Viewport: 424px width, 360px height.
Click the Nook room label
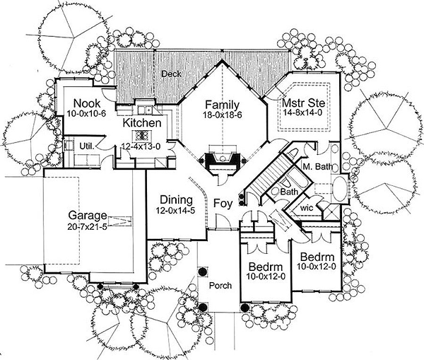pyautogui.click(x=87, y=103)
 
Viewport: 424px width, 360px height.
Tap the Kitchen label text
pyautogui.click(x=142, y=123)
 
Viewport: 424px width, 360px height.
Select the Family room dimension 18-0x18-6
pyautogui.click(x=223, y=115)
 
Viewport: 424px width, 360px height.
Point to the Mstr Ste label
pyautogui.click(x=303, y=103)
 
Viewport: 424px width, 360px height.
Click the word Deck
pyautogui.click(x=171, y=74)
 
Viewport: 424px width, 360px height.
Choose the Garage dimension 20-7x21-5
pyautogui.click(x=87, y=226)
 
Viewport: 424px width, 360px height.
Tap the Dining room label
pyautogui.click(x=176, y=200)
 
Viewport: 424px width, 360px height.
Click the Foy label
pyautogui.click(x=223, y=203)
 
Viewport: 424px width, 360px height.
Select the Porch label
pyautogui.click(x=220, y=285)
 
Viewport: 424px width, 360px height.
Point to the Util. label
pyautogui.click(x=87, y=146)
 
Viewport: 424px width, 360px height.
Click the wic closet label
pyautogui.click(x=307, y=208)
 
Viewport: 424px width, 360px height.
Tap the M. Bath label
pyautogui.click(x=318, y=166)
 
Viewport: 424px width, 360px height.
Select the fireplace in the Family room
pyautogui.click(x=223, y=160)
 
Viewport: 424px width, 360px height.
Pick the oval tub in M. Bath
pyautogui.click(x=339, y=189)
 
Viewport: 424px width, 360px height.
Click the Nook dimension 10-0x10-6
pyautogui.click(x=86, y=113)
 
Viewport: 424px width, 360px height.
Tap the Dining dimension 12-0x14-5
pyautogui.click(x=175, y=211)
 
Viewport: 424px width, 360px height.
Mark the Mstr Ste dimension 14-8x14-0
pyautogui.click(x=303, y=112)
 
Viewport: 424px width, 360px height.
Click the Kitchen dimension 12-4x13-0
pyautogui.click(x=141, y=146)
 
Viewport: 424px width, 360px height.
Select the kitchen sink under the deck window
pyautogui.click(x=144, y=110)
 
